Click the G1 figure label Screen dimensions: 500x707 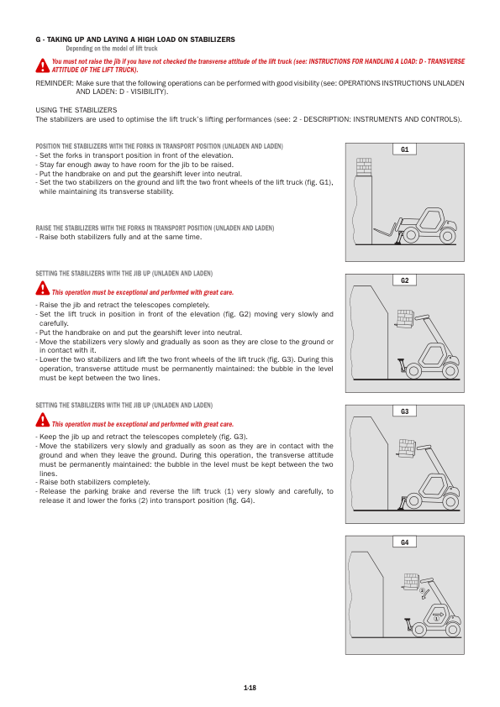coord(405,149)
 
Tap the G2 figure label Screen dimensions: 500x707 coord(405,280)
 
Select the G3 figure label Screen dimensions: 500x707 coord(405,411)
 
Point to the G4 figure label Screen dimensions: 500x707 coord(405,542)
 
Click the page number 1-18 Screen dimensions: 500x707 coord(250,688)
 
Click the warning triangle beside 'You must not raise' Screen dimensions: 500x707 coord(42,65)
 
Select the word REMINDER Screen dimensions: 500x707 coord(54,83)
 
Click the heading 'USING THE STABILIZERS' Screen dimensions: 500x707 coord(76,110)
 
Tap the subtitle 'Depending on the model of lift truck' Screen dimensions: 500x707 coord(112,49)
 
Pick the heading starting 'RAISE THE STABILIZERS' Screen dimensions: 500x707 coord(155,228)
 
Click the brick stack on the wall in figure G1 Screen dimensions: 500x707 coord(364,166)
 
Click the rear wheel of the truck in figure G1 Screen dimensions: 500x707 coord(448,235)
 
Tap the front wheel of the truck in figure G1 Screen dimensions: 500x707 coord(410,235)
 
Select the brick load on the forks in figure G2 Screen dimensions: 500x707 coord(405,317)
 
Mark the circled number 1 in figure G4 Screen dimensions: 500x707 coord(436,619)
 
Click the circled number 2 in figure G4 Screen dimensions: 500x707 coord(423,590)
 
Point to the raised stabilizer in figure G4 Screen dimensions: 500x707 coord(408,625)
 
